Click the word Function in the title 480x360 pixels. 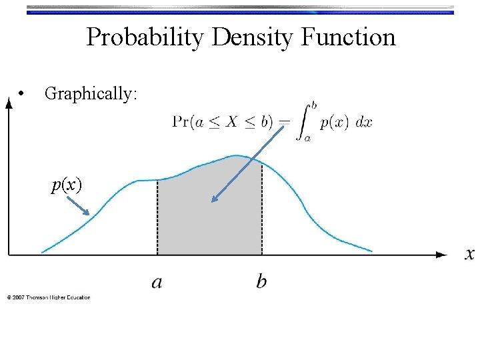click(348, 37)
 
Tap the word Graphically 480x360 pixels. click(91, 94)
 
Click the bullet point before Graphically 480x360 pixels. click(23, 93)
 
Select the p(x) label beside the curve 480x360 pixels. click(67, 185)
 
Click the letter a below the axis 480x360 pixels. click(157, 282)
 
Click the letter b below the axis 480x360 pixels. click(261, 282)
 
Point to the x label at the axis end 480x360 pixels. click(469, 254)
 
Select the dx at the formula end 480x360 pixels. click(364, 122)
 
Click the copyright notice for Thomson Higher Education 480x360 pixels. click(49, 297)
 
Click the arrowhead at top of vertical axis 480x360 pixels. click(9, 103)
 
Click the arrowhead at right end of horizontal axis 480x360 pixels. click(441, 254)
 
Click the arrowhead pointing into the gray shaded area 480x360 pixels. click(214, 199)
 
